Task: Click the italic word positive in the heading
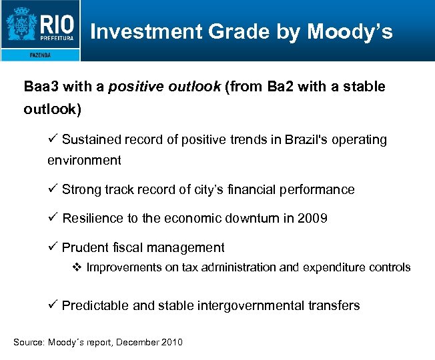[133, 87]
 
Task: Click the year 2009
[312, 218]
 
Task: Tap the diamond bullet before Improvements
[76, 267]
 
